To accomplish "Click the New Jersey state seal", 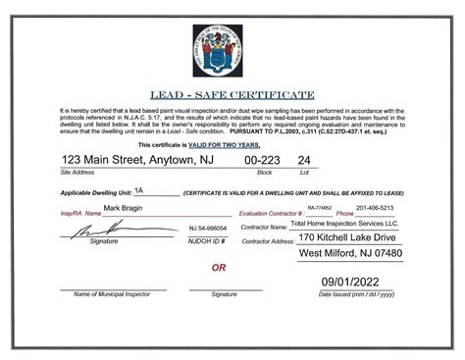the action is pyautogui.click(x=232, y=49).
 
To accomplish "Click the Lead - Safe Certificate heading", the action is pyautogui.click(x=232, y=95).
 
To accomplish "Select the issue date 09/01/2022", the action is pyautogui.click(x=356, y=282).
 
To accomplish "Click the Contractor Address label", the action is pyautogui.click(x=268, y=240).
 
